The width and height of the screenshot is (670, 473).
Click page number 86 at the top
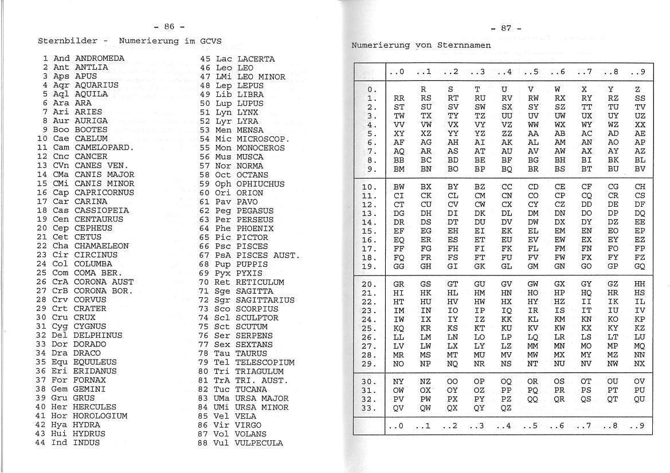(169, 26)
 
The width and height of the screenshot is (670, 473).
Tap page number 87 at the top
(506, 28)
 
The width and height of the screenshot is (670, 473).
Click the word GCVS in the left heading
(210, 41)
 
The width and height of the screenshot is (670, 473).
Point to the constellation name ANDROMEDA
(99, 58)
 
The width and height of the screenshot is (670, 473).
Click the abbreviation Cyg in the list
(60, 326)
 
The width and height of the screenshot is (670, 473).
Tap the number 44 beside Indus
(40, 443)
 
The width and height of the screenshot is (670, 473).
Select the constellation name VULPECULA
(258, 443)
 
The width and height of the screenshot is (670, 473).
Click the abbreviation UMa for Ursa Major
(222, 398)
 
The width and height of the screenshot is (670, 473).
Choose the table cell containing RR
(399, 98)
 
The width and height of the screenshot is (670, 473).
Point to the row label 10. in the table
(370, 187)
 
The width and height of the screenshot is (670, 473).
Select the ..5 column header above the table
(532, 72)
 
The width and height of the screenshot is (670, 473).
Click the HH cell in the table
(640, 283)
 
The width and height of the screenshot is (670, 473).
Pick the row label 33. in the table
(370, 408)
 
